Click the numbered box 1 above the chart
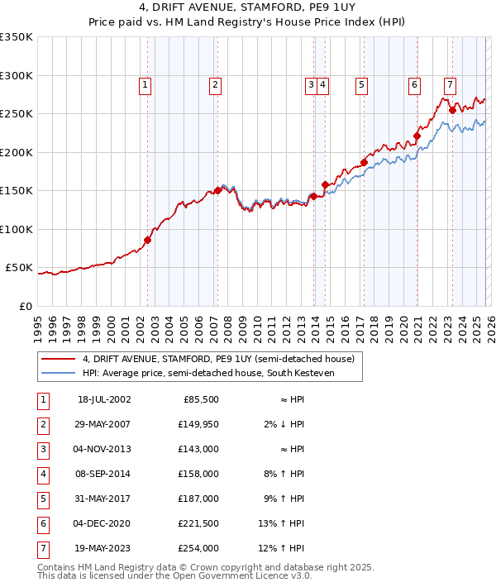click(145, 84)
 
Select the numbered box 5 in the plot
click(361, 84)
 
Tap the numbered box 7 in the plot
click(449, 84)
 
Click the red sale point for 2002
click(148, 241)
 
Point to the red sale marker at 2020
click(417, 136)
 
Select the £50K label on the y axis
click(20, 268)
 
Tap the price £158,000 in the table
click(200, 475)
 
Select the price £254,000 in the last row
click(200, 547)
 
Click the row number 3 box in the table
click(41, 451)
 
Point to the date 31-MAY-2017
click(103, 499)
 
